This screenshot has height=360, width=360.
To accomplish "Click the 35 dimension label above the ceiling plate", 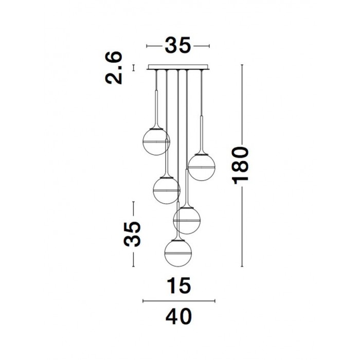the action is click(178, 45).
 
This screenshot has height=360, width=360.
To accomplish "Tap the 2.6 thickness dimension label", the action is click(114, 68).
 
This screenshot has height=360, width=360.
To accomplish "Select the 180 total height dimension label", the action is click(241, 165).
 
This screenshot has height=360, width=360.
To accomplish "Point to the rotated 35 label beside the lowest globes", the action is click(132, 234).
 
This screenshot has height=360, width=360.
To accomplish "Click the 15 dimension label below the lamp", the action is click(179, 285).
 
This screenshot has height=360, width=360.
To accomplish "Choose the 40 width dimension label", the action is click(178, 316).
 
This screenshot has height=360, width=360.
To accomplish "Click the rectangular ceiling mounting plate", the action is click(178, 67).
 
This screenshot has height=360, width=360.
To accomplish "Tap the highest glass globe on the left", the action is click(156, 141).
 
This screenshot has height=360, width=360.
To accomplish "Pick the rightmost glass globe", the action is click(202, 167).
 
